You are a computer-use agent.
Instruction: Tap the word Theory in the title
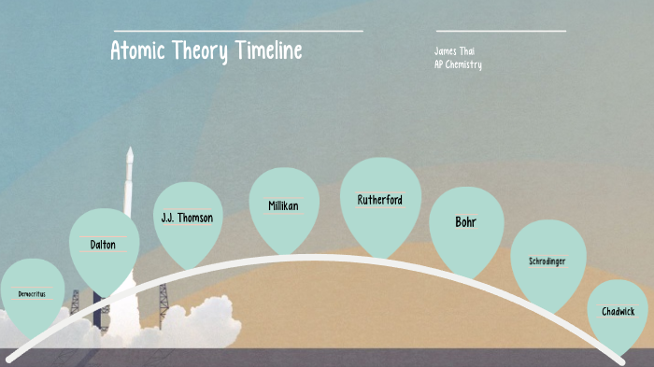[x=196, y=50]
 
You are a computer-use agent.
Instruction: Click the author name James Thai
[x=455, y=50]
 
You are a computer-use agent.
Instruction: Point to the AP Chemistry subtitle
[x=458, y=64]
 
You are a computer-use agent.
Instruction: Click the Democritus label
[x=31, y=294]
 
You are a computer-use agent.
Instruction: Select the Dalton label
[x=103, y=245]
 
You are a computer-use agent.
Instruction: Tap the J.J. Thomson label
[x=187, y=218]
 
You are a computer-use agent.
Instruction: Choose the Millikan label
[x=283, y=205]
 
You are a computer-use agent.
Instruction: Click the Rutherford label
[x=379, y=200]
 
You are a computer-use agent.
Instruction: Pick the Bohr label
[x=465, y=222]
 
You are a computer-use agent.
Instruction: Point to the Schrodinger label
[x=547, y=261]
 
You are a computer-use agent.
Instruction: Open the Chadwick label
[x=618, y=311]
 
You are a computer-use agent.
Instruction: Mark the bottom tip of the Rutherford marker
[x=379, y=258]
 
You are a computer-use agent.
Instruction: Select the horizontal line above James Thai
[x=501, y=31]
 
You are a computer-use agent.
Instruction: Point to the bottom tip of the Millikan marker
[x=284, y=255]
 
